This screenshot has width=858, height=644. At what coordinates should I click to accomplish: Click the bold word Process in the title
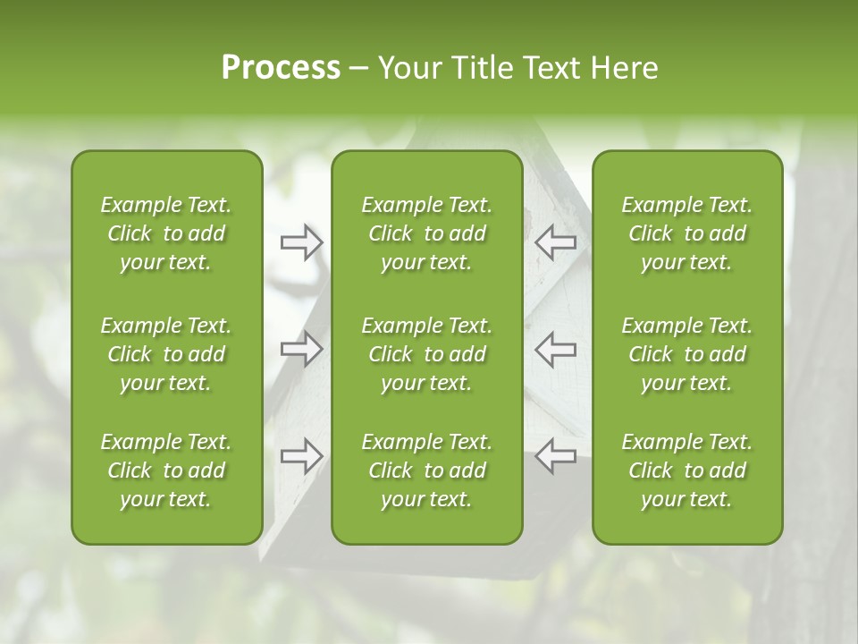[281, 68]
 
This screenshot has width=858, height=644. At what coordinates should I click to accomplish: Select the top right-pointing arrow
[301, 242]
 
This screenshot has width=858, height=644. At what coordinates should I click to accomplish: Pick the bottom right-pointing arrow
[301, 456]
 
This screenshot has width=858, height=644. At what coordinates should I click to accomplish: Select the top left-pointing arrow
[556, 242]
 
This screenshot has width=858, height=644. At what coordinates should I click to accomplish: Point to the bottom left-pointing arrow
[556, 456]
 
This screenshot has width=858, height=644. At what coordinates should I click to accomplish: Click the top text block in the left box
[166, 233]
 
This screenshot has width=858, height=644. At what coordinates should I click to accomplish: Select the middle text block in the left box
[166, 354]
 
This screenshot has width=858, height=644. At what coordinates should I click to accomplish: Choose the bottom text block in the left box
[166, 470]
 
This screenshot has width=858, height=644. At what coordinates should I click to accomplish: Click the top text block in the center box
[426, 233]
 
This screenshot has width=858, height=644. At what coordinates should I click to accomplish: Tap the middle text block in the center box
[426, 354]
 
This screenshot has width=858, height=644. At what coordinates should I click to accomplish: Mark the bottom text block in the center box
[426, 470]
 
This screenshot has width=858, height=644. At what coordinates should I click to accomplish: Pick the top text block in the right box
[686, 233]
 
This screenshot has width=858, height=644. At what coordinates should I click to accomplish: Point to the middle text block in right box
[686, 354]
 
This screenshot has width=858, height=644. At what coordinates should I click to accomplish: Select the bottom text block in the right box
[686, 470]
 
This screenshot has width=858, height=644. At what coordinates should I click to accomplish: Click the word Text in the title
[551, 68]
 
